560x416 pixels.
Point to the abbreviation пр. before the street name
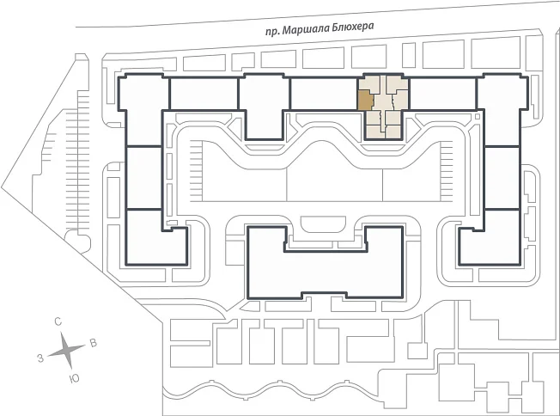tap(272, 32)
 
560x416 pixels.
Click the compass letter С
tap(58, 321)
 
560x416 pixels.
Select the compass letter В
tap(94, 344)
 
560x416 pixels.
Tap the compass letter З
tap(40, 358)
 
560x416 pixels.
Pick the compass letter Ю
tap(74, 379)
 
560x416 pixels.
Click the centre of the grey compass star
tap(66, 351)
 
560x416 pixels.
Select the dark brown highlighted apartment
tap(365, 100)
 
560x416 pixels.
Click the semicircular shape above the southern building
tap(323, 223)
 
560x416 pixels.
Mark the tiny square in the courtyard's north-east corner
tap(478, 117)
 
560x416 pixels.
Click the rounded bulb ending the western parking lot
tap(77, 242)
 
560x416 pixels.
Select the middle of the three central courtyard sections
tap(335, 172)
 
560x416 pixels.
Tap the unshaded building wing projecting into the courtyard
tap(265, 107)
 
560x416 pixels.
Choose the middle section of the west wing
tap(144, 178)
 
